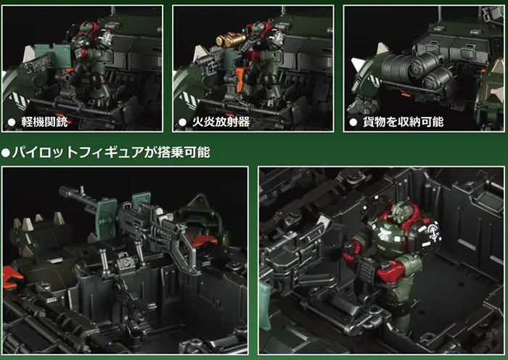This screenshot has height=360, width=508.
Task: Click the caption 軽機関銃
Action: click(x=44, y=122)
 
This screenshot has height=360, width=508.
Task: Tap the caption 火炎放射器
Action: click(x=221, y=122)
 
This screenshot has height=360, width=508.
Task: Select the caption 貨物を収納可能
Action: click(x=403, y=122)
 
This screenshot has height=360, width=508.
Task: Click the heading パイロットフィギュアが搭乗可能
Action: click(x=112, y=152)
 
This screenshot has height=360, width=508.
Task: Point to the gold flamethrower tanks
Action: click(x=231, y=39)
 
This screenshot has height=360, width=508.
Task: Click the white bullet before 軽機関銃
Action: click(x=12, y=122)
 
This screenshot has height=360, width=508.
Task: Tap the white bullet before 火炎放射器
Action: click(x=182, y=122)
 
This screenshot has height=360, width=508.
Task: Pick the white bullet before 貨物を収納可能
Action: click(x=353, y=122)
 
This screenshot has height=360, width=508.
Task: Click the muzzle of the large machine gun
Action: click(x=62, y=190)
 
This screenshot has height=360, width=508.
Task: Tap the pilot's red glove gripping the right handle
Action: click(x=390, y=271)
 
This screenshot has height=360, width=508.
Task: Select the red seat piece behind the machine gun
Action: click(x=202, y=239)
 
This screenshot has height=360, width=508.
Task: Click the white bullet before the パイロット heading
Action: click(x=5, y=152)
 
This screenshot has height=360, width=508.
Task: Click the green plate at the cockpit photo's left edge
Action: click(x=266, y=306)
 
